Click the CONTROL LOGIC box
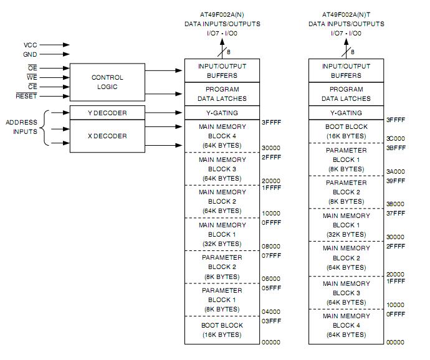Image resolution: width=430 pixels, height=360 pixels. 107,82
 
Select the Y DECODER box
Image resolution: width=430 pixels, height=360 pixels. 107,113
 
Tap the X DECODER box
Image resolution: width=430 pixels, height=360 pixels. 107,136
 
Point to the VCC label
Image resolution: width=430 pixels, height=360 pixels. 31,45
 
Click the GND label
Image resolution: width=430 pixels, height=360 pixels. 31,55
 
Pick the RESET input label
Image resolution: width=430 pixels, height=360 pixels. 27,97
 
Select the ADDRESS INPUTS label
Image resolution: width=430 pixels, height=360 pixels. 22,127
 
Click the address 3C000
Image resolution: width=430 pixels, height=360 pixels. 396,139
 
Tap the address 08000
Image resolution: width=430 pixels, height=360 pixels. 271,246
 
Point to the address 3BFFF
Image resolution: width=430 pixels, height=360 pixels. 396,148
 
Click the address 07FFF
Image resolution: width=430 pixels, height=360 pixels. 271,255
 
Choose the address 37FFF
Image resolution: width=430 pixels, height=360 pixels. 396,214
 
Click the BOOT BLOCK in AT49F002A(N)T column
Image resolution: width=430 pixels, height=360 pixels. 346,131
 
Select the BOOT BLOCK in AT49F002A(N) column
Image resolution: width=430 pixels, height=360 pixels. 222,330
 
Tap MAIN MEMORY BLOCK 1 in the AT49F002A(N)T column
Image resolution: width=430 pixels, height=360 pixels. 346,225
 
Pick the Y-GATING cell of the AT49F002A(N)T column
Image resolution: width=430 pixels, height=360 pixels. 346,113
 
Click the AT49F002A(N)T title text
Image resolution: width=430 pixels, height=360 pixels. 346,14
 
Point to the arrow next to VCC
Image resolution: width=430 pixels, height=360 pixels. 57,45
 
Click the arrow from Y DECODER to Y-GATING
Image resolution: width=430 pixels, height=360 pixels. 164,113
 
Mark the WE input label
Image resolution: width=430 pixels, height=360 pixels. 32,77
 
